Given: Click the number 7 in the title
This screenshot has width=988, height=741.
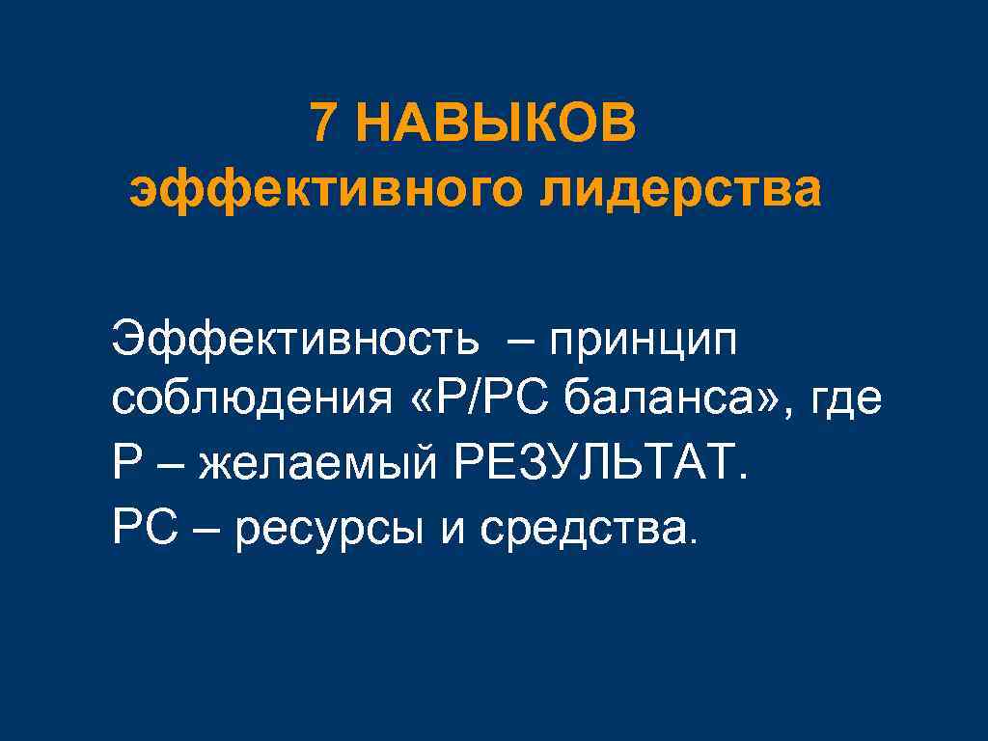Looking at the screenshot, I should pos(325,124).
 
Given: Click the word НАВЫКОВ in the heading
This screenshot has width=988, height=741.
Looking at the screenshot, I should pos(496,124).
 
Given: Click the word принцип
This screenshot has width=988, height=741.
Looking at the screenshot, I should pos(643,342).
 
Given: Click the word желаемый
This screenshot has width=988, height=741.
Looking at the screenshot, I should pos(317,467).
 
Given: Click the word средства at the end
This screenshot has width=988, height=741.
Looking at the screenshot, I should pos(588,528).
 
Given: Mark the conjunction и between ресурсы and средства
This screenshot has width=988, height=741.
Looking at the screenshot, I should pos(453,529).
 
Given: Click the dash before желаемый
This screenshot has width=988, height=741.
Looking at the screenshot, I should pos(173,467).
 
